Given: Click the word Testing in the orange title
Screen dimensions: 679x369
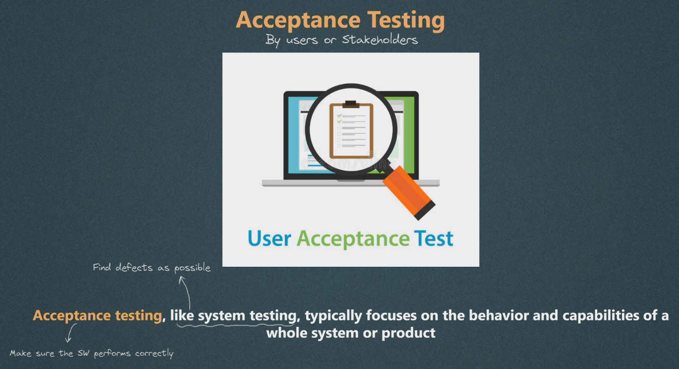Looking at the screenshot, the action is click(406, 21).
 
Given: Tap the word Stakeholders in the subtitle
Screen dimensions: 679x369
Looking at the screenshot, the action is click(380, 40).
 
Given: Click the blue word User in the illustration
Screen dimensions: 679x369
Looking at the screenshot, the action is click(270, 238).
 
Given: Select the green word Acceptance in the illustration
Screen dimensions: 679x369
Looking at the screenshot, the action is click(353, 239).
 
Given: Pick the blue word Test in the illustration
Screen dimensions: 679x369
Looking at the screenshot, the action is click(434, 238).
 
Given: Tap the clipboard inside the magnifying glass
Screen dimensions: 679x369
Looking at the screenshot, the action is click(351, 130).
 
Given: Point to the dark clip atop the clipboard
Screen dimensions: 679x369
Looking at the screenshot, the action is click(351, 104).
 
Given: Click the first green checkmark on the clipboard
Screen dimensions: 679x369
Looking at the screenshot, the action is click(339, 116).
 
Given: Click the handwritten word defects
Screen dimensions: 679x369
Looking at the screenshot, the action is click(134, 268).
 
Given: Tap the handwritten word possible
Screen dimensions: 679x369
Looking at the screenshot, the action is click(192, 268).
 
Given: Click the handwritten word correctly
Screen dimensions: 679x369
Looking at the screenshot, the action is click(154, 354).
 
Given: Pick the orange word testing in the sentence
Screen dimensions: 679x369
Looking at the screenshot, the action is click(138, 316).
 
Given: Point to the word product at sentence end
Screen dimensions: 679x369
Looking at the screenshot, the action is click(408, 333).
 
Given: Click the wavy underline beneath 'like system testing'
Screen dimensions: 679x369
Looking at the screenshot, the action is click(236, 326).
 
